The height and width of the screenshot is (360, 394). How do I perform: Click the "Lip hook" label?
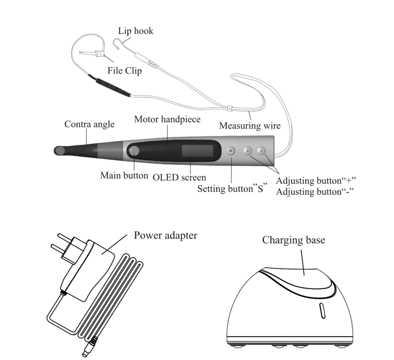point(136,31)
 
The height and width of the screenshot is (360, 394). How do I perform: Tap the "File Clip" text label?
point(125,70)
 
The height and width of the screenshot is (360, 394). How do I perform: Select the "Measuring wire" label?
point(250,126)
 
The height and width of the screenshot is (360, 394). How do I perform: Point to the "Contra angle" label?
point(89,124)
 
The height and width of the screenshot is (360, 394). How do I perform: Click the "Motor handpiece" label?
point(167,119)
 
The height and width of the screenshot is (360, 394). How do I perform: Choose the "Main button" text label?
point(124,176)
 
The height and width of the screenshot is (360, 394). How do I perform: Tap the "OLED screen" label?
point(179,177)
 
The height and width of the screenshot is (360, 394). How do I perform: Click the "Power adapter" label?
point(165,236)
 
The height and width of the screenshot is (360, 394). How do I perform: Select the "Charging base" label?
point(294,240)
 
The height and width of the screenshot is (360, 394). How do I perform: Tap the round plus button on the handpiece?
point(248,151)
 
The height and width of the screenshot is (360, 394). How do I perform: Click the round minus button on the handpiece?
point(261,151)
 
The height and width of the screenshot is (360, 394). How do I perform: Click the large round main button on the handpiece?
point(134,151)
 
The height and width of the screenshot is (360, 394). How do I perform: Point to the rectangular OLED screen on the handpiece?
point(197,151)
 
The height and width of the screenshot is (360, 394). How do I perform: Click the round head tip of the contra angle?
point(59,151)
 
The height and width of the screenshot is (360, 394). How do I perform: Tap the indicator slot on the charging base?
point(322,311)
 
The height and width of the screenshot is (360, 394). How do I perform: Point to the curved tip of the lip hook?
point(116,43)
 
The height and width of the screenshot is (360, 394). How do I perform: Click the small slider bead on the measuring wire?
point(229,108)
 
